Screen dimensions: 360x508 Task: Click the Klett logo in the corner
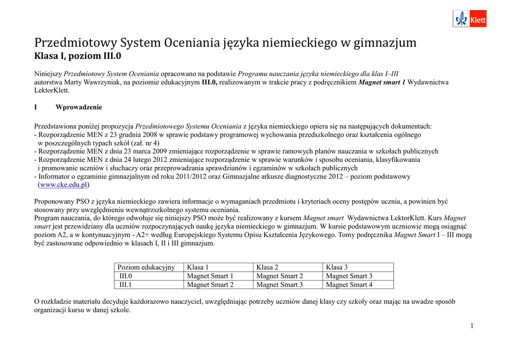(469, 19)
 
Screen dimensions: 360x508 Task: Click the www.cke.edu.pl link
(64, 185)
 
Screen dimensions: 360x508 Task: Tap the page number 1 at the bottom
(472, 326)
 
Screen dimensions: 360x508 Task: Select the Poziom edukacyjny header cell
(146, 267)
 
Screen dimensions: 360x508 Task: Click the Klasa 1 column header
(197, 267)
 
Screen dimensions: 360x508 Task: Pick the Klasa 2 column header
(267, 267)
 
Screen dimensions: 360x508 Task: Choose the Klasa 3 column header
(336, 267)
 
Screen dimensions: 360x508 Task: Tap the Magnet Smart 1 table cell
(210, 276)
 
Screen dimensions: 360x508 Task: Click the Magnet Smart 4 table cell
(349, 285)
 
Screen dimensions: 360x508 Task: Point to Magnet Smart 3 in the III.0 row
(349, 276)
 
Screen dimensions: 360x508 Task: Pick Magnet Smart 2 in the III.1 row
(210, 285)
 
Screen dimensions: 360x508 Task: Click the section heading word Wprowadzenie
(79, 107)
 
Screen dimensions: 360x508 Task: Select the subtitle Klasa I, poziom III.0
(77, 56)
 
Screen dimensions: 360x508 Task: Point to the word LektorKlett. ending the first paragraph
(52, 90)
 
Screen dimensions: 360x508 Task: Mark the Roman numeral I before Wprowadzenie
(36, 107)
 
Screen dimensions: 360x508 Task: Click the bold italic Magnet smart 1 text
(382, 82)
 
